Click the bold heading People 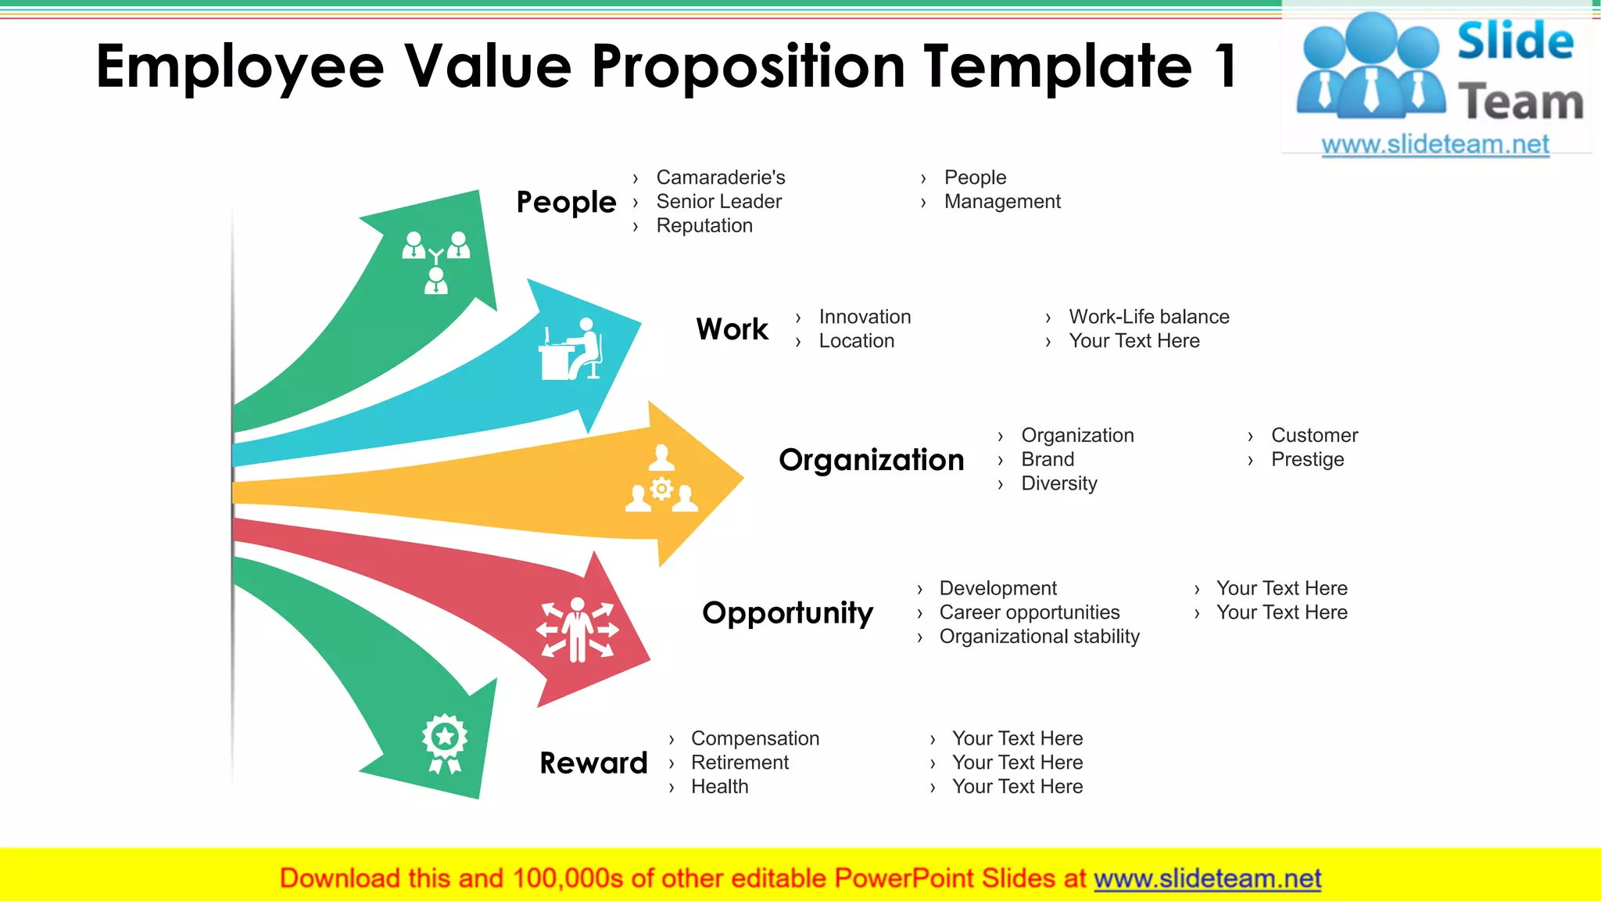[x=566, y=202]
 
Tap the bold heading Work [x=732, y=329]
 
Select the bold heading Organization [x=871, y=460]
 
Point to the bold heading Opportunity [x=787, y=612]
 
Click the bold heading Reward [x=593, y=763]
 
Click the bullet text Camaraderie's [x=720, y=178]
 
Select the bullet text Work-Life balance [x=1148, y=317]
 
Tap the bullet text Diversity [x=1058, y=483]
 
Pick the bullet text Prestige [x=1307, y=459]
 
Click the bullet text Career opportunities [x=1029, y=612]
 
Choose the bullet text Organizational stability [x=1039, y=637]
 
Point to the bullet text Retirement [x=740, y=763]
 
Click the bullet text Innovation [x=865, y=317]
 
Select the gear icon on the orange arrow [x=661, y=490]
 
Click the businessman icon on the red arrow [x=577, y=630]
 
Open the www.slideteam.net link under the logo [x=1434, y=145]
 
